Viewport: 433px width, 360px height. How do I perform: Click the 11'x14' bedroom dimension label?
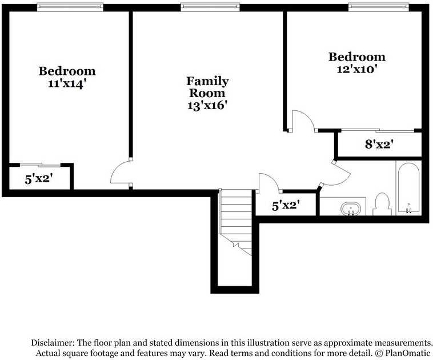tap(66, 83)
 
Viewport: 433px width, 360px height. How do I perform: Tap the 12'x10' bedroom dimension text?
tap(357, 69)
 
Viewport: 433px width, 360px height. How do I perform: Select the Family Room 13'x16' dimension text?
tap(207, 105)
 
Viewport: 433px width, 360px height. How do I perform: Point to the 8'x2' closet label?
tap(379, 144)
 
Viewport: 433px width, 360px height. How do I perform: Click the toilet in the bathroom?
tap(382, 204)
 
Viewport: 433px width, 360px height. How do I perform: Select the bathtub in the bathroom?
tap(408, 189)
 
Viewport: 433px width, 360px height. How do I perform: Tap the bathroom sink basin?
tap(351, 209)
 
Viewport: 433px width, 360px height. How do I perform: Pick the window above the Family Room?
tap(210, 7)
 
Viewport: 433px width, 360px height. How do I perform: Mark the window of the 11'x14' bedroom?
tap(70, 7)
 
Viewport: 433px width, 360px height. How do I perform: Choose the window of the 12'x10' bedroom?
tap(379, 7)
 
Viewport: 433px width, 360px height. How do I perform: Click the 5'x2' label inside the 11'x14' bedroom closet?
tap(39, 179)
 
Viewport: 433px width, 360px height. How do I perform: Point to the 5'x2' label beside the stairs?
tap(286, 205)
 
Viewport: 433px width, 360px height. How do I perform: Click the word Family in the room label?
tap(207, 82)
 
